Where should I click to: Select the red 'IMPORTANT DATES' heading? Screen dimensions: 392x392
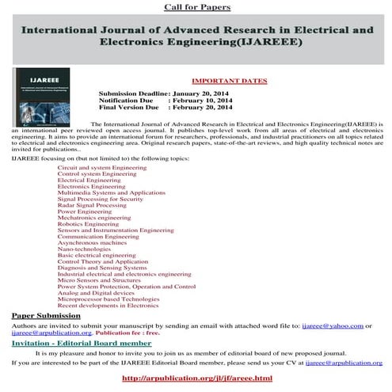point(230,81)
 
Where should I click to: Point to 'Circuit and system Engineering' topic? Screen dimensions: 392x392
point(102,168)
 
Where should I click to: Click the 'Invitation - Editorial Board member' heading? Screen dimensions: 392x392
point(81,343)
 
